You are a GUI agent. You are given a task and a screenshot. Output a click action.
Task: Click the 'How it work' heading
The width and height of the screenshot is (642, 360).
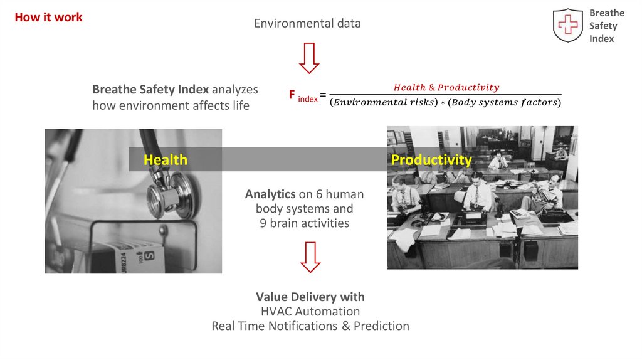[48, 18]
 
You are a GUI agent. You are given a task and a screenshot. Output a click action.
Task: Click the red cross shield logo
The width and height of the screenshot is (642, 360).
[567, 26]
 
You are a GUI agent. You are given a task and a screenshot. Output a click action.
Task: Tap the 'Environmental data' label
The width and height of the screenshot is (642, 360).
[307, 24]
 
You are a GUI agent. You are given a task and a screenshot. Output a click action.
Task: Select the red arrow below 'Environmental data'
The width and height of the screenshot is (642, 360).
[309, 57]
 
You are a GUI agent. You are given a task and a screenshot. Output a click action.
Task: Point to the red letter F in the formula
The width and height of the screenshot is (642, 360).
[292, 95]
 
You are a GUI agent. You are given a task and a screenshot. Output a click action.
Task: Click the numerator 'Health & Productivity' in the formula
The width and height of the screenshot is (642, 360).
[446, 87]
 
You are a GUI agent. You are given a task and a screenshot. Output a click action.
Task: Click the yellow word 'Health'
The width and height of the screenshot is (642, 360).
[166, 160]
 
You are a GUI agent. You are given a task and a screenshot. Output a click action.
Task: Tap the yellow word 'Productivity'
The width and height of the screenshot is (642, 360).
[431, 160]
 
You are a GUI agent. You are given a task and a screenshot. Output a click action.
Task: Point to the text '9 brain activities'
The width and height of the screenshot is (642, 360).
[305, 223]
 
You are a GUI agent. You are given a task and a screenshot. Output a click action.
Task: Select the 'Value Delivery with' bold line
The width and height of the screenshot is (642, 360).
[310, 297]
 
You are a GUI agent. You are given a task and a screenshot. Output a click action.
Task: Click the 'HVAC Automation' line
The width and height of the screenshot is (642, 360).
[310, 311]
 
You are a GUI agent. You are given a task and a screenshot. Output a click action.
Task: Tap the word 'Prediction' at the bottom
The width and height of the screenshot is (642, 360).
[381, 326]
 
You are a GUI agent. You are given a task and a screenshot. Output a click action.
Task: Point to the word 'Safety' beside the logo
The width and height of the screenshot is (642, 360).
[603, 26]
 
